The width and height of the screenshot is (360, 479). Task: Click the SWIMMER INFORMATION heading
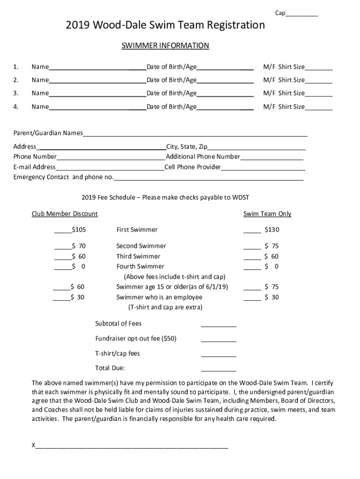(x=165, y=46)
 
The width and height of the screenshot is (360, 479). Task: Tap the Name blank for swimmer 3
(x=97, y=94)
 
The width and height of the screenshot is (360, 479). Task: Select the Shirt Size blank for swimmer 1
(x=319, y=67)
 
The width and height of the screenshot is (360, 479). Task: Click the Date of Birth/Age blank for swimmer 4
(x=225, y=107)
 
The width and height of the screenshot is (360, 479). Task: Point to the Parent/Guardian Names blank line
(x=195, y=134)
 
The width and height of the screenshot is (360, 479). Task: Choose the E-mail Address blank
(x=110, y=167)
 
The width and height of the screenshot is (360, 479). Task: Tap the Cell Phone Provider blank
(x=263, y=167)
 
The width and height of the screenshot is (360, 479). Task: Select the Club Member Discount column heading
(x=65, y=214)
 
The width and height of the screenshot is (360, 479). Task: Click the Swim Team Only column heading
(x=267, y=214)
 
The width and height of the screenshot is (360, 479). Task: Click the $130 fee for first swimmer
(x=272, y=230)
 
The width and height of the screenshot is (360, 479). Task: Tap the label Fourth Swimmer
(x=140, y=267)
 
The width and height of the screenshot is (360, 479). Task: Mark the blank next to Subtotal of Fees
(x=218, y=325)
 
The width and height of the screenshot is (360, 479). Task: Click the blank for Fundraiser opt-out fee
(x=218, y=340)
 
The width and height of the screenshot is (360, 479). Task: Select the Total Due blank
(x=218, y=369)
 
